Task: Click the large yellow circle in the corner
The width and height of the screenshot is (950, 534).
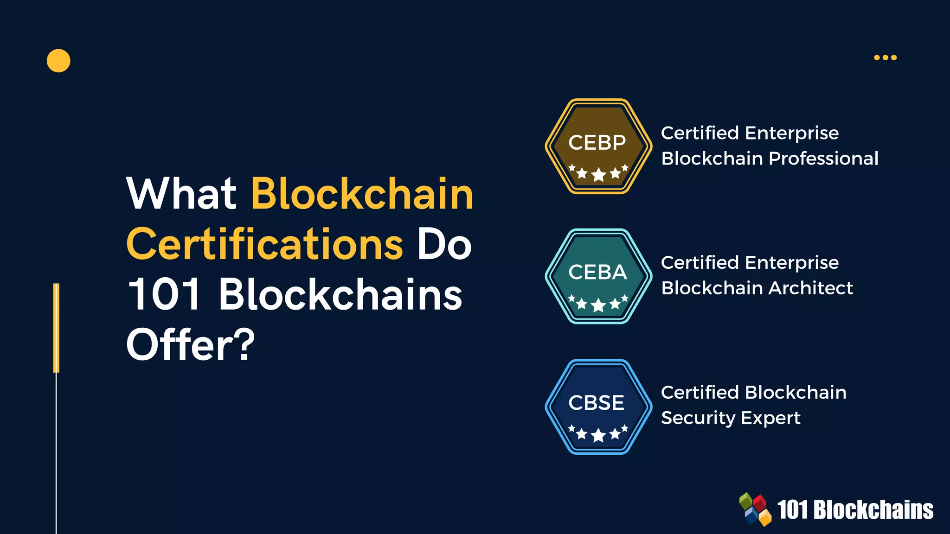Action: (x=58, y=61)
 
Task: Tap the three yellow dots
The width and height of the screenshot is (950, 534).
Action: (x=885, y=57)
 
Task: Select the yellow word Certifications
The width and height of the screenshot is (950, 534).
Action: (x=265, y=244)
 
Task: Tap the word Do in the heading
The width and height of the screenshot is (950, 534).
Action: (x=444, y=244)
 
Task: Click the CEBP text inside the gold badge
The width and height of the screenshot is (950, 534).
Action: (x=597, y=143)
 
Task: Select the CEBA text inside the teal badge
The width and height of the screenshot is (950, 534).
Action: (x=597, y=273)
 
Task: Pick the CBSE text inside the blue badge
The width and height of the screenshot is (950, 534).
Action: (x=597, y=403)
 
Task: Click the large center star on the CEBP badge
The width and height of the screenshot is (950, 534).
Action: (x=598, y=175)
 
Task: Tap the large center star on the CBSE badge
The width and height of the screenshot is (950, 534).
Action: (x=598, y=435)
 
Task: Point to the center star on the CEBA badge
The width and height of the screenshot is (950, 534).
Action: (x=598, y=305)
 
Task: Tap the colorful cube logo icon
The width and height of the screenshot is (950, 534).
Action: (x=755, y=509)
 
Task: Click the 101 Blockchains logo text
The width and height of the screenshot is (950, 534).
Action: (x=855, y=510)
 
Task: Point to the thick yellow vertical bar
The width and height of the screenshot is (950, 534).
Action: (x=57, y=328)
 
